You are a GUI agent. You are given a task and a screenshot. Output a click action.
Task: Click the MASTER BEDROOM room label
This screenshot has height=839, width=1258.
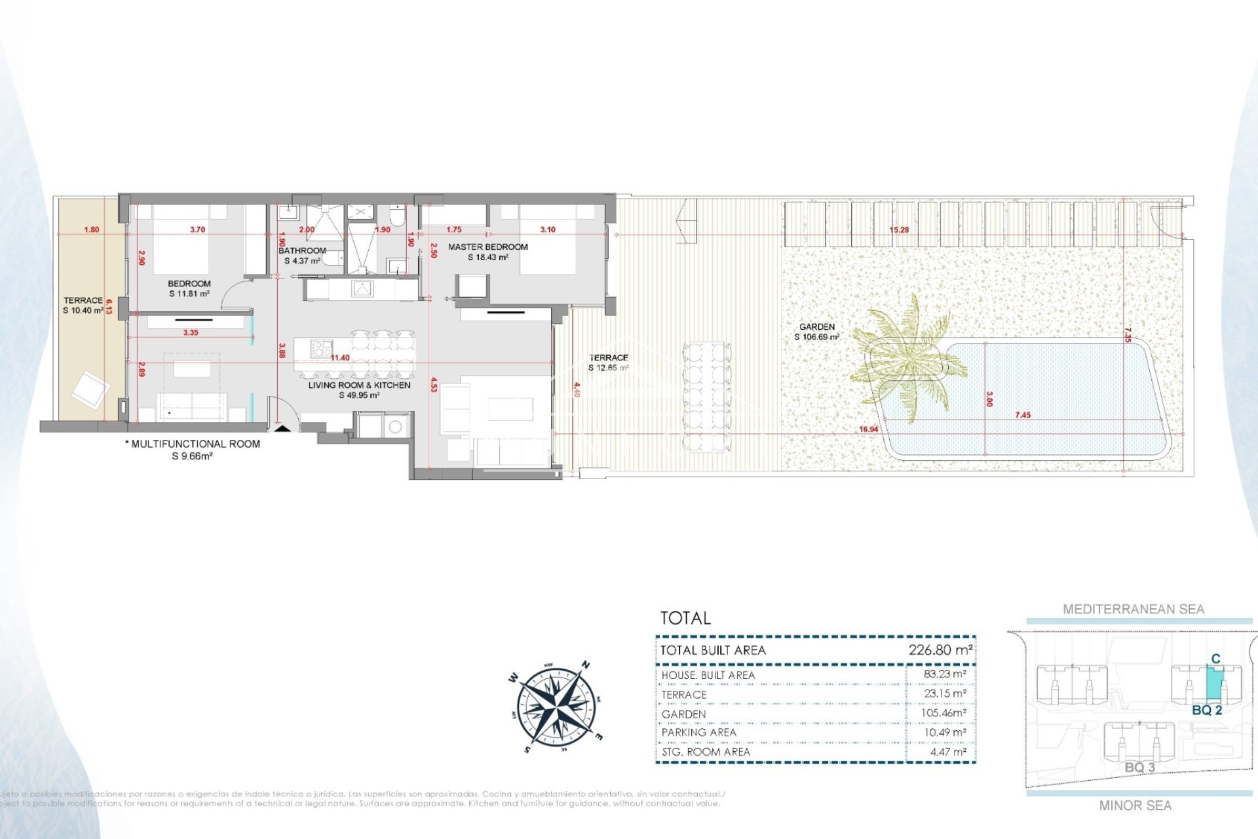pos(487,247)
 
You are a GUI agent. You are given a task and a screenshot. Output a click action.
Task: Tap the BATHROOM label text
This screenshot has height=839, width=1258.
pos(302,251)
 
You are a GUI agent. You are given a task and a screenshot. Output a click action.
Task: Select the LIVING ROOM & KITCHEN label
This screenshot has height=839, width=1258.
pos(359,385)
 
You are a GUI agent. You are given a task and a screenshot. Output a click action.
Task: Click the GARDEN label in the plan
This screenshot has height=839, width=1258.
pos(816,326)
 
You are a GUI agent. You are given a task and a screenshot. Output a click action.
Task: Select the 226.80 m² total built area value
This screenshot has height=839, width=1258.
pos(940,650)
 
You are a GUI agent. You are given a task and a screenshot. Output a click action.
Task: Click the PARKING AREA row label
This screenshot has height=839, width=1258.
pos(698,732)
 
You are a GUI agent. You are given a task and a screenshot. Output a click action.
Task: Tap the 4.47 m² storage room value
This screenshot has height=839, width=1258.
pos(947,752)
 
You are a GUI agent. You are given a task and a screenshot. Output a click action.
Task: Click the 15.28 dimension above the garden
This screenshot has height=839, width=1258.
pos(899,230)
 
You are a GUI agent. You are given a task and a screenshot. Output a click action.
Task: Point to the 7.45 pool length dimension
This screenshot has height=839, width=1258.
pos(1022,415)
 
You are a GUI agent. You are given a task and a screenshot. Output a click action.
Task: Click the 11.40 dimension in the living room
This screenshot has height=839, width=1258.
pos(340,358)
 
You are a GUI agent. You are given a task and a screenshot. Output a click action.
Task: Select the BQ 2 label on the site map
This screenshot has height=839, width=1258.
pos(1207,711)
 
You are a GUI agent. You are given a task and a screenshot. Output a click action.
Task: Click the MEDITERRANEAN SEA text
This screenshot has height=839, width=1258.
pos(1133,610)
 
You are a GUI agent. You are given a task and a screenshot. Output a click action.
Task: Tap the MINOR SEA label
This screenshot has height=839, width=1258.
pos(1135,806)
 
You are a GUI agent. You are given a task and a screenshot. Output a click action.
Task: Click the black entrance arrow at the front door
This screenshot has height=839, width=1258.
pos(282,428)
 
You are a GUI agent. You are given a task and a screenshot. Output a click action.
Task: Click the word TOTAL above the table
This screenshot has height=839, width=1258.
pos(685,618)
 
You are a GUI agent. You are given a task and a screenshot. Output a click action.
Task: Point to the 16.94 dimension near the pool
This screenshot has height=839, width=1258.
pos(868,429)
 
